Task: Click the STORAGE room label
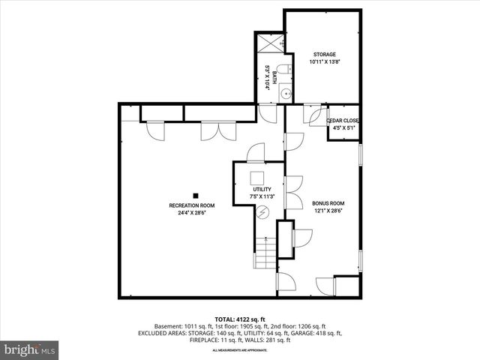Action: pyautogui.click(x=324, y=54)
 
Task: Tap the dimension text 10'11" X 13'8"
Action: pyautogui.click(x=324, y=61)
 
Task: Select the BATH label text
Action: pyautogui.click(x=274, y=75)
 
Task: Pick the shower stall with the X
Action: pyautogui.click(x=270, y=41)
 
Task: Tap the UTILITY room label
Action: pyautogui.click(x=262, y=189)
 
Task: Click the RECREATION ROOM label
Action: pyautogui.click(x=192, y=205)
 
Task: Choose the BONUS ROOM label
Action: pyautogui.click(x=328, y=203)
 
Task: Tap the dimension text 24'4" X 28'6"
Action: pyautogui.click(x=192, y=213)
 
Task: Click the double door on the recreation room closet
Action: pyautogui.click(x=212, y=131)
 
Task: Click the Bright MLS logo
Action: pyautogui.click(x=30, y=350)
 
